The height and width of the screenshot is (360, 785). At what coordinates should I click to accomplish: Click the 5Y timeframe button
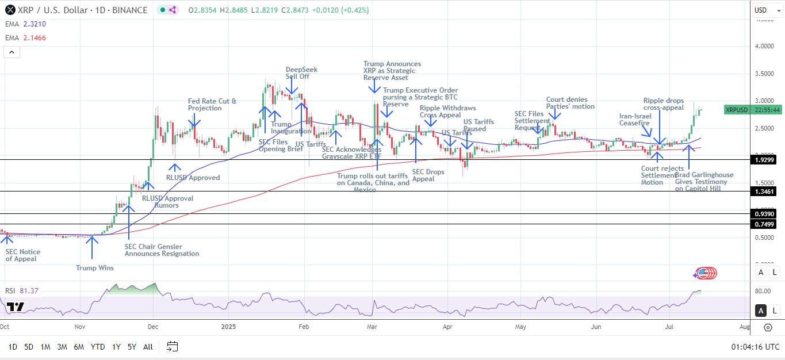132,347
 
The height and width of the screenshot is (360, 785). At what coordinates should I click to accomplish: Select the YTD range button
98,347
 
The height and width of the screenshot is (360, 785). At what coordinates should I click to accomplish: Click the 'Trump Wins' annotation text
95,267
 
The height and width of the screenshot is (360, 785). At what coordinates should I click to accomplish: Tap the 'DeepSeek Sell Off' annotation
301,73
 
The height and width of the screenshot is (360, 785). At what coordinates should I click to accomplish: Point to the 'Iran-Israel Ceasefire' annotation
635,120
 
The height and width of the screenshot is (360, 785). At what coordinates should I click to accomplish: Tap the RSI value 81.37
29,291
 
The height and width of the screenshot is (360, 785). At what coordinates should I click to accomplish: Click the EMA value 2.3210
35,24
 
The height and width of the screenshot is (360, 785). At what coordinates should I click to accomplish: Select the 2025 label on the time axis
228,327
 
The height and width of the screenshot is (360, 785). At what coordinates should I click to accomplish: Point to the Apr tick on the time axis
447,327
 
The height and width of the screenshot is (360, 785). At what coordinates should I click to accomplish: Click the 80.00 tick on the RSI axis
763,291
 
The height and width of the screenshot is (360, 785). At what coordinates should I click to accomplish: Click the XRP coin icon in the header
10,10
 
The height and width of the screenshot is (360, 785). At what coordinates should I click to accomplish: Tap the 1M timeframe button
45,347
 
